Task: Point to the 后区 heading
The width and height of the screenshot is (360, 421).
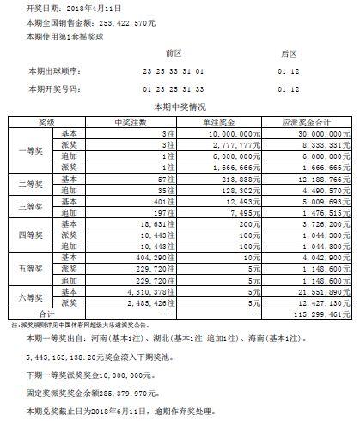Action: (x=288, y=52)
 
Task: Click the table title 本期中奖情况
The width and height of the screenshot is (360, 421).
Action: (x=179, y=107)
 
